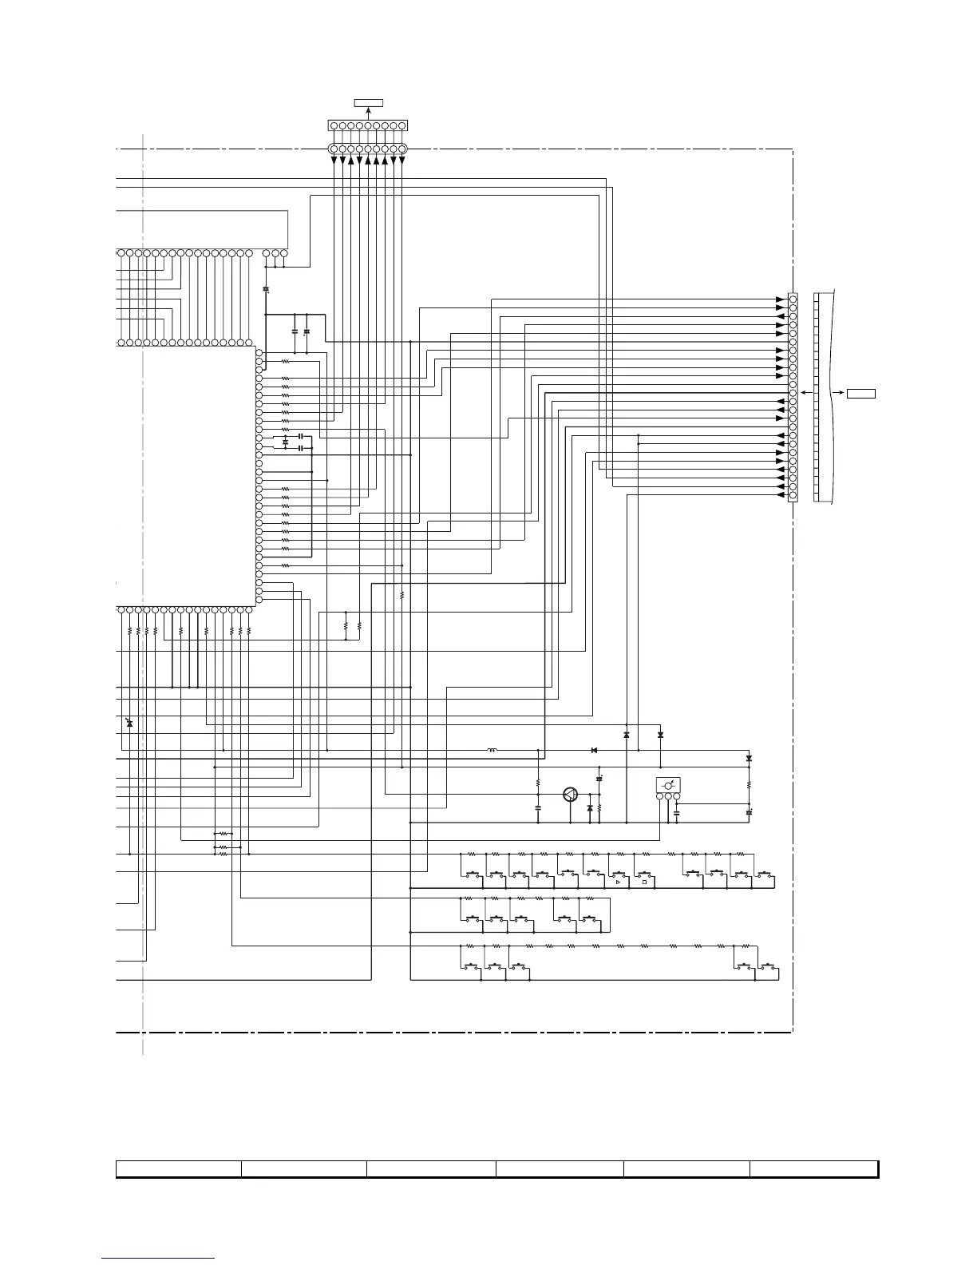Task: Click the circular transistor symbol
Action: [x=570, y=795]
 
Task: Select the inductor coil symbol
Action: [x=492, y=751]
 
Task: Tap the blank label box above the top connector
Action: [x=369, y=102]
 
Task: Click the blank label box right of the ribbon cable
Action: [x=861, y=393]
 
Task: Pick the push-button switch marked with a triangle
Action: [x=618, y=878]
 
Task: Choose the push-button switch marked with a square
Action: [x=643, y=878]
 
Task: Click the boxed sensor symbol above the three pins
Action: [x=668, y=786]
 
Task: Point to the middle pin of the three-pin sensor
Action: [x=668, y=796]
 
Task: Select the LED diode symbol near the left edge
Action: [x=129, y=724]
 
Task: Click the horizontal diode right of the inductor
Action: [x=595, y=751]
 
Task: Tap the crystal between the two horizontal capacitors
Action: [x=286, y=442]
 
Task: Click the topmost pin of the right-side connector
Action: [x=793, y=299]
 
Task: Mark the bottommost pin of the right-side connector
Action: [x=793, y=496]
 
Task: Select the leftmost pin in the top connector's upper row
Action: [x=334, y=126]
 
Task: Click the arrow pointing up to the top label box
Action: [x=369, y=112]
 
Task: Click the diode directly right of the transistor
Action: [x=590, y=809]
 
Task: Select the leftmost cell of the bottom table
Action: [x=179, y=1169]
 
